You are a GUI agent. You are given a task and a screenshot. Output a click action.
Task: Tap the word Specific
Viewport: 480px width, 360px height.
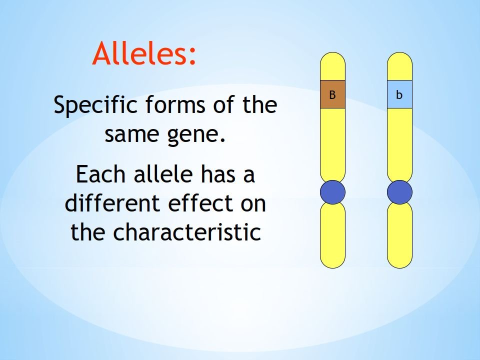click(x=95, y=105)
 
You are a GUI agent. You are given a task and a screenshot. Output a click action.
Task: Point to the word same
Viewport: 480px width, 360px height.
click(x=132, y=134)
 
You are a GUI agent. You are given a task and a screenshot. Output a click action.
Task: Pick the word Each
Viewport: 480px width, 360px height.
click(x=100, y=174)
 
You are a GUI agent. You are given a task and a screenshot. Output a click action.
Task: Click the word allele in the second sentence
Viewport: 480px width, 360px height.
click(x=163, y=173)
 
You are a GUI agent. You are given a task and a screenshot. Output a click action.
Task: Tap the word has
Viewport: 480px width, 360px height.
click(x=218, y=173)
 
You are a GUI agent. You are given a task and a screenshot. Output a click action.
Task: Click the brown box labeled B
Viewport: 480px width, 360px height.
click(x=333, y=94)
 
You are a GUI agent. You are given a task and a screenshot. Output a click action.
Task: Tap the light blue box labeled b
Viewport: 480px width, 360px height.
click(x=399, y=94)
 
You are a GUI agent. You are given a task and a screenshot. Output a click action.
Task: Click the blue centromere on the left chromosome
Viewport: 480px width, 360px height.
click(x=333, y=192)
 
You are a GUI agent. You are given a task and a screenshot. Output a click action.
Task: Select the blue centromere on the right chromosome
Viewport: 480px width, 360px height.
click(x=399, y=192)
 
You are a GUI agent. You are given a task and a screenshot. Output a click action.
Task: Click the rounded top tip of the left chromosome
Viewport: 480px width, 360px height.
click(x=333, y=52)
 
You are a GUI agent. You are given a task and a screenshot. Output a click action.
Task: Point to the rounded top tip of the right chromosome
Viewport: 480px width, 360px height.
click(x=399, y=52)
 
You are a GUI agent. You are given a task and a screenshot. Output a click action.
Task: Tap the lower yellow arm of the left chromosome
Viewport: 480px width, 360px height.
click(x=333, y=235)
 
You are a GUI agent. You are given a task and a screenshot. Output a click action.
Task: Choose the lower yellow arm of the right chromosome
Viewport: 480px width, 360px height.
click(x=399, y=235)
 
